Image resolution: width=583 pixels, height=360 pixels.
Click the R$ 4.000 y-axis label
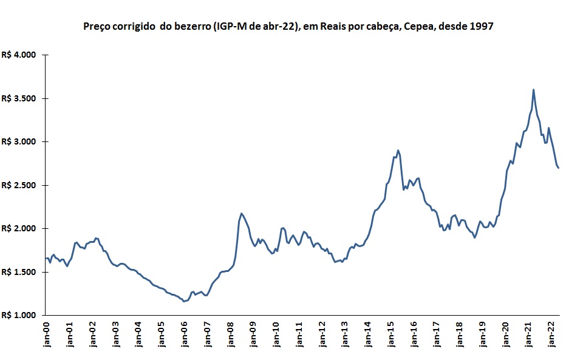coord(20,55)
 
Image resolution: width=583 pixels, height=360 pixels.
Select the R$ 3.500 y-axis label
coord(20,98)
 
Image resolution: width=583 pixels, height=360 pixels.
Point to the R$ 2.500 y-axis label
coord(20,185)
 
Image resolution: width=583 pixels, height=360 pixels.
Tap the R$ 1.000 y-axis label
coord(20,315)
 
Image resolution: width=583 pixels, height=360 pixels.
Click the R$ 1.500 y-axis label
coord(20,272)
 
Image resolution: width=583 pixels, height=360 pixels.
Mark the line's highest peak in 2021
coord(533,90)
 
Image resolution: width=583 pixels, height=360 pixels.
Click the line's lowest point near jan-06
coord(184,301)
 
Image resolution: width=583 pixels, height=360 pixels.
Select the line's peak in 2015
coord(398,150)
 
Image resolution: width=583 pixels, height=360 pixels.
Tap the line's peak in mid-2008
coord(241,213)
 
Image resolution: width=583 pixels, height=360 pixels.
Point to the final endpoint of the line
coord(559,168)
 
